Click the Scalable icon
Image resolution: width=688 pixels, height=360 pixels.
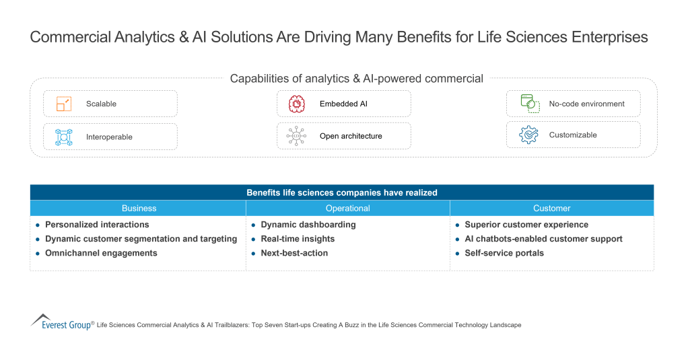pyautogui.click(x=63, y=104)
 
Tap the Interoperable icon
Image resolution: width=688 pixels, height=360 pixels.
pyautogui.click(x=63, y=137)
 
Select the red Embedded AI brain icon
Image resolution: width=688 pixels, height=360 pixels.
pyautogui.click(x=297, y=104)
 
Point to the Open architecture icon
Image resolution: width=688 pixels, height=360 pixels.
pyautogui.click(x=297, y=136)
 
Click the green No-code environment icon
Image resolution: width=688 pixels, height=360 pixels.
pyautogui.click(x=528, y=103)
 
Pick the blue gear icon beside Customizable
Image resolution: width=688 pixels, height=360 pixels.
pyautogui.click(x=528, y=135)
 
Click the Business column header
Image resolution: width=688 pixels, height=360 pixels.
pyautogui.click(x=139, y=209)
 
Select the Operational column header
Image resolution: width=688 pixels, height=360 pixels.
pyautogui.click(x=347, y=209)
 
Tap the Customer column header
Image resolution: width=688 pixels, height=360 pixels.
pyautogui.click(x=551, y=209)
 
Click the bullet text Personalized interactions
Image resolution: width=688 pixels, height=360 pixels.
pyautogui.click(x=97, y=225)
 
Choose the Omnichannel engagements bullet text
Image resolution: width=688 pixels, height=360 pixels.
pyautogui.click(x=101, y=254)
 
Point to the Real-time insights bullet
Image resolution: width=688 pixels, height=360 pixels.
pyautogui.click(x=298, y=239)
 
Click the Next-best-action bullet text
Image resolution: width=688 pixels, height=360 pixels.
pyautogui.click(x=294, y=254)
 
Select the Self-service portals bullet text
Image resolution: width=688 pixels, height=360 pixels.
pyautogui.click(x=504, y=254)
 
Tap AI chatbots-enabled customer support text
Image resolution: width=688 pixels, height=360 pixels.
pyautogui.click(x=543, y=239)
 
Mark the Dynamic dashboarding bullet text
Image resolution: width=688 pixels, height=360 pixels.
pyautogui.click(x=308, y=225)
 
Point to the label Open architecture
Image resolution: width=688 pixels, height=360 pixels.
pyautogui.click(x=351, y=136)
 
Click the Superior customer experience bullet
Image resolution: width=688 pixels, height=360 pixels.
pyautogui.click(x=526, y=225)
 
